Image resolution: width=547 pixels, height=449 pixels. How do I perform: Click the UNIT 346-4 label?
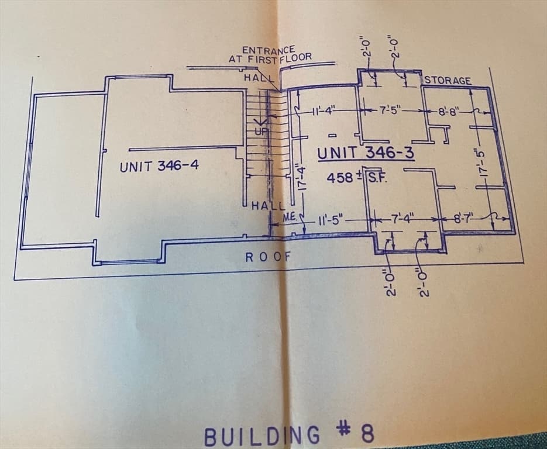(x=159, y=165)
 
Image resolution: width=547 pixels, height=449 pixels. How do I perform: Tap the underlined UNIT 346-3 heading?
(x=366, y=153)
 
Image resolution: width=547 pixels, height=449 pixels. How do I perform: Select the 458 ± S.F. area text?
(x=357, y=178)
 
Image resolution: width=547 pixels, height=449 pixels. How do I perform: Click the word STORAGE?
(x=448, y=81)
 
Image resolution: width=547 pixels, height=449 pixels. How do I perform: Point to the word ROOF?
(x=268, y=257)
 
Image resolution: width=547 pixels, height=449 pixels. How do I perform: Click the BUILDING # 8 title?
(x=289, y=435)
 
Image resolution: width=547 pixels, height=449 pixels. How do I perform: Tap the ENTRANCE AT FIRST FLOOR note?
(x=270, y=54)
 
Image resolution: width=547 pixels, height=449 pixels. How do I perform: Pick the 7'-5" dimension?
(x=391, y=111)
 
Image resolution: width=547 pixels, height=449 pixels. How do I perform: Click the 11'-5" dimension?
(x=331, y=220)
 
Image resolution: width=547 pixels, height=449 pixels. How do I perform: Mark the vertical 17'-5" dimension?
(x=482, y=163)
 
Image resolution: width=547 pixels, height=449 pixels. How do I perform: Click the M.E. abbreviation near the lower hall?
(x=290, y=217)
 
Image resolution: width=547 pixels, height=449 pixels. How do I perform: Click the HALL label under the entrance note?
(x=259, y=77)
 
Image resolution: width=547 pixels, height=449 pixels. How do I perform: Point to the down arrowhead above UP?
(x=260, y=122)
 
